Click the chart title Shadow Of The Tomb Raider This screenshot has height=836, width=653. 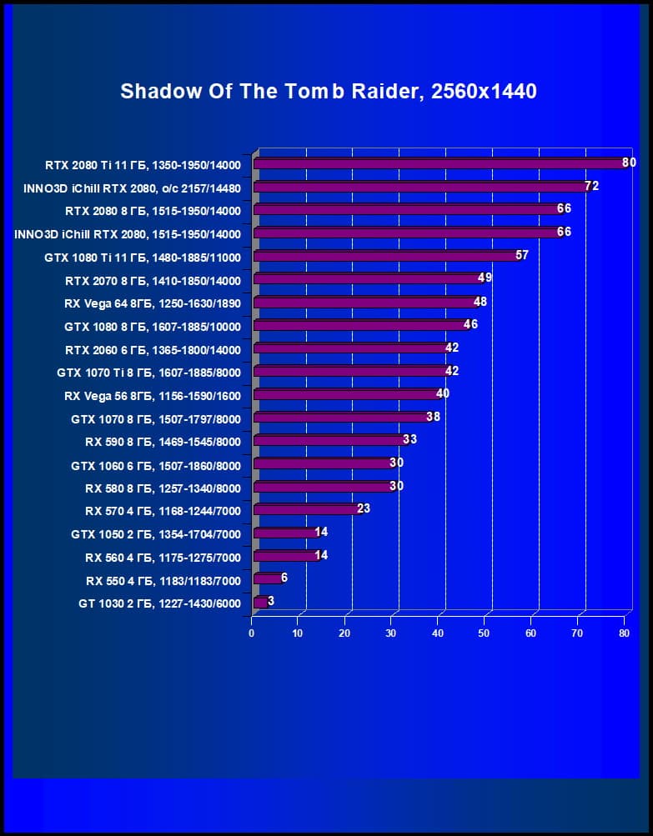tap(328, 91)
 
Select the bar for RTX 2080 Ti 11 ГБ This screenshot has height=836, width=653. tap(438, 163)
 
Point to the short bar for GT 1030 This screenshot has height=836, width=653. tap(259, 602)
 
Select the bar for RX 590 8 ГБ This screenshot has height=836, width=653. tap(329, 440)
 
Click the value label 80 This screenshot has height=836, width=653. tap(629, 163)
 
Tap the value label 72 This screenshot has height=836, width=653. tap(592, 186)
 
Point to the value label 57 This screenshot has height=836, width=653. tap(522, 255)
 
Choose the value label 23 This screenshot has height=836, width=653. tap(363, 508)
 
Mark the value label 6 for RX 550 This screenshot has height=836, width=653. tap(284, 577)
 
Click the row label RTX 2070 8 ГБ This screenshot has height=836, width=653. tap(153, 281)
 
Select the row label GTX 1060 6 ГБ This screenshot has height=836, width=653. tap(155, 466)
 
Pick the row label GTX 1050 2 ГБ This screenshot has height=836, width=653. tap(155, 534)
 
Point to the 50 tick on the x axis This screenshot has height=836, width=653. tap(484, 633)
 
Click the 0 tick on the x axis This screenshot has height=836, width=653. tap(252, 633)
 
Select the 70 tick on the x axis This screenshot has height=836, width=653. tap(577, 633)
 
